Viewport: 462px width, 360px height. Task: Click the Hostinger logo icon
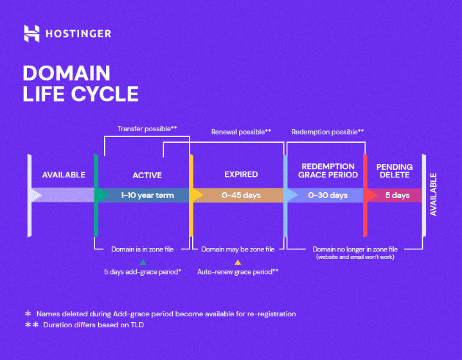[31, 33]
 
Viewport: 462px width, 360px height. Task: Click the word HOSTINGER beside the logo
[78, 33]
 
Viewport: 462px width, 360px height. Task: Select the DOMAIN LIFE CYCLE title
[80, 83]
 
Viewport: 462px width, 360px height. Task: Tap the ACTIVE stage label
[147, 175]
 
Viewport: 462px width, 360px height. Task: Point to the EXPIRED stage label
[241, 174]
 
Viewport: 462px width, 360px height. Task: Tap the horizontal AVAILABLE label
[64, 175]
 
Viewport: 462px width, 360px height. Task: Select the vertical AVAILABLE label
[433, 194]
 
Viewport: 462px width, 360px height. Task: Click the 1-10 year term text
[147, 195]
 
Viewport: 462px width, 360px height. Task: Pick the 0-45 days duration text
[241, 195]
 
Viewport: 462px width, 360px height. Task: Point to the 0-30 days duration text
[328, 195]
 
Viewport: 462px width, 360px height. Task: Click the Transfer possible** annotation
[147, 129]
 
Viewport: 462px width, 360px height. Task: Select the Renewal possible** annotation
[241, 132]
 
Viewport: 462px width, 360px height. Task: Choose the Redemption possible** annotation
[328, 132]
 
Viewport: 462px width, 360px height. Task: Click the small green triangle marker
[143, 262]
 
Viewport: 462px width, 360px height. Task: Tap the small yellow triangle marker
[238, 262]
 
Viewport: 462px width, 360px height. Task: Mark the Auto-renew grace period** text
[238, 272]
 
